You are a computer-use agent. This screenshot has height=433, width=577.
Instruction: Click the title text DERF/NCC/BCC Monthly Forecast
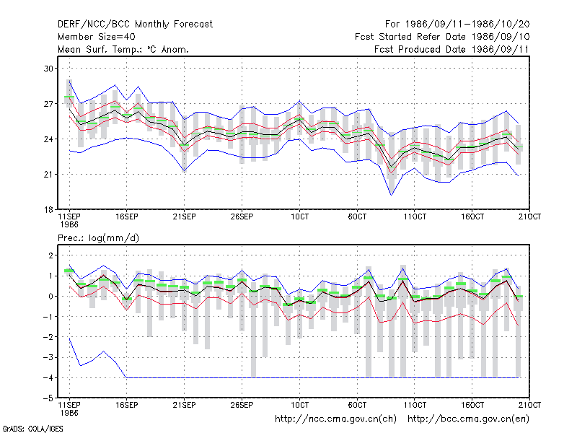pyautogui.click(x=135, y=25)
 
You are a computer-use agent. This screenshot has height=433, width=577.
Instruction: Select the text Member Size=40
pyautogui.click(x=97, y=37)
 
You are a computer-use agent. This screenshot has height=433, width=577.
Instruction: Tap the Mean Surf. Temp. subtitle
pyautogui.click(x=123, y=49)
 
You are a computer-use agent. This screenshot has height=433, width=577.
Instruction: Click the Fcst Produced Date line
pyautogui.click(x=452, y=49)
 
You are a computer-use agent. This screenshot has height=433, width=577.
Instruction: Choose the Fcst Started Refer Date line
pyautogui.click(x=442, y=37)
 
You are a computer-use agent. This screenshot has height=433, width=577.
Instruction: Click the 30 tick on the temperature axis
pyautogui.click(x=48, y=69)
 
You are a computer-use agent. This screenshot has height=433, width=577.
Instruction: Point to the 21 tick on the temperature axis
pyautogui.click(x=48, y=174)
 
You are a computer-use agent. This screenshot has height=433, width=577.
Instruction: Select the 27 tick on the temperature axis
pyautogui.click(x=48, y=104)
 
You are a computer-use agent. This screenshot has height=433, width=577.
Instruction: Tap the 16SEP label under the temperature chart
pyautogui.click(x=127, y=216)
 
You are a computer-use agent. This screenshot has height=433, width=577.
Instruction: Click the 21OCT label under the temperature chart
pyautogui.click(x=529, y=216)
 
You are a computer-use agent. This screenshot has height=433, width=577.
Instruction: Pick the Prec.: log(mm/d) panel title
pyautogui.click(x=98, y=238)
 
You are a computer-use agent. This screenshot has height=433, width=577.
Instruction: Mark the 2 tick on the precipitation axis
pyautogui.click(x=50, y=255)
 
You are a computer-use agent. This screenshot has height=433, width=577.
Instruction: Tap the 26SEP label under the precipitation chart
pyautogui.click(x=242, y=405)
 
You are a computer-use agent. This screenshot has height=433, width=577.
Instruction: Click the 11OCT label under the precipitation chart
pyautogui.click(x=415, y=405)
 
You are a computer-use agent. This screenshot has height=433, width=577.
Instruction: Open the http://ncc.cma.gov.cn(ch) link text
pyautogui.click(x=335, y=419)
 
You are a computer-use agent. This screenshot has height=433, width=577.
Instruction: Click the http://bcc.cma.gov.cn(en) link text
pyautogui.click(x=468, y=419)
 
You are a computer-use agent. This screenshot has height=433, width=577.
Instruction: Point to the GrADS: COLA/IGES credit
pyautogui.click(x=32, y=429)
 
